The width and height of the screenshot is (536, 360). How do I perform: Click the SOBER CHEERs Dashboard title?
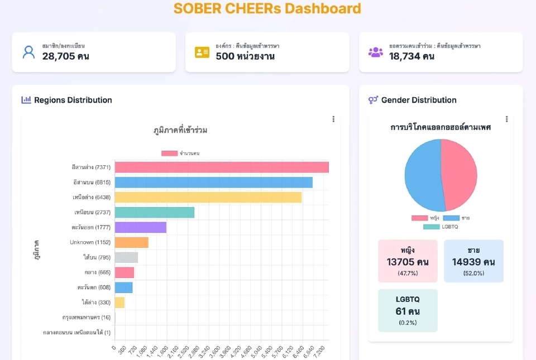click(267, 9)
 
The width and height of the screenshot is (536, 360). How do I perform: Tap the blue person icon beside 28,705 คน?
click(28, 52)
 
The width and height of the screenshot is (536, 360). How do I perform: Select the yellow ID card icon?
click(202, 52)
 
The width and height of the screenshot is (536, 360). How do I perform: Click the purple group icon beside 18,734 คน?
click(376, 52)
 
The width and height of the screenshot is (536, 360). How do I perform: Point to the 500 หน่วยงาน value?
click(245, 56)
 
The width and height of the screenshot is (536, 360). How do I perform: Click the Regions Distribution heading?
click(73, 100)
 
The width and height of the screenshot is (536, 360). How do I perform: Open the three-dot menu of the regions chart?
click(333, 119)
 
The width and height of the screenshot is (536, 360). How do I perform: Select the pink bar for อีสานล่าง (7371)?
click(222, 167)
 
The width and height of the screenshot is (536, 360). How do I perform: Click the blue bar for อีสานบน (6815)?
click(213, 183)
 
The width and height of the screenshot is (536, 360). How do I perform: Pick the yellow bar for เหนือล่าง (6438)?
click(208, 198)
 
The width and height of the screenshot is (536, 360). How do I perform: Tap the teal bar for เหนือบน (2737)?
click(155, 213)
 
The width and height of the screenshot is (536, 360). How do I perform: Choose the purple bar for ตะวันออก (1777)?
click(141, 228)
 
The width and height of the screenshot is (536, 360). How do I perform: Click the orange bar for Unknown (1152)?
click(132, 243)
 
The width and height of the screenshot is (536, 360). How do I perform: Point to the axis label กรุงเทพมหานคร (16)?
click(87, 318)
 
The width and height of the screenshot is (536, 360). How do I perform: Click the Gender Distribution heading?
click(419, 100)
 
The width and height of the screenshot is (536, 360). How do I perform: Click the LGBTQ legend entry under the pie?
click(441, 227)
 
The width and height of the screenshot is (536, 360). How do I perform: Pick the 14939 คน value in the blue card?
click(473, 262)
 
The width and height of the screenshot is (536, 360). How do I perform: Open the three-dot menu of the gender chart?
click(506, 119)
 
